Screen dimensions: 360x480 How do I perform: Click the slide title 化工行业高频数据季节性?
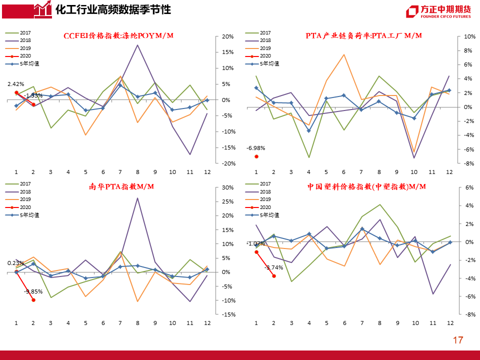[x=112, y=9]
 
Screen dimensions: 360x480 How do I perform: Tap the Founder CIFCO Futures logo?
[x=438, y=11]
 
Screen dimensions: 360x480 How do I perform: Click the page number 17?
[x=457, y=340]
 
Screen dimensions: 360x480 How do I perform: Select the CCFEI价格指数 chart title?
[x=118, y=35]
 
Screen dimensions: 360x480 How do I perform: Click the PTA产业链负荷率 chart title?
[x=363, y=35]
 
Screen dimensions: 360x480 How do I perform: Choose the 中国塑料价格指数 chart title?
[x=366, y=186]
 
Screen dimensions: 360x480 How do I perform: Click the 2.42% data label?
[x=15, y=84]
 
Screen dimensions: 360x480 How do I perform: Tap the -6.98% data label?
[x=255, y=148]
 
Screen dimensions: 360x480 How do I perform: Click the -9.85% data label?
[x=32, y=291]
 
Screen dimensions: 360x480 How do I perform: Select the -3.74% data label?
[x=274, y=267]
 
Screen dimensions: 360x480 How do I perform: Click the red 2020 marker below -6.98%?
[x=256, y=156]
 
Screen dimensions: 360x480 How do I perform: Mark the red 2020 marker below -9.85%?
[x=33, y=299]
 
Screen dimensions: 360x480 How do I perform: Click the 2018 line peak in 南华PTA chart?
[x=137, y=198]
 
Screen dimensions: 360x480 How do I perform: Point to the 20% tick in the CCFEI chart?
[x=227, y=36]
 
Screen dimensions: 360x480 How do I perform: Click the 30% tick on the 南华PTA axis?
[x=227, y=187]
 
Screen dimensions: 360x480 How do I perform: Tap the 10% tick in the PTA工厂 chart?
[x=469, y=36]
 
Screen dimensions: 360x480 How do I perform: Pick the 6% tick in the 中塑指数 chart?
[x=469, y=187]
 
